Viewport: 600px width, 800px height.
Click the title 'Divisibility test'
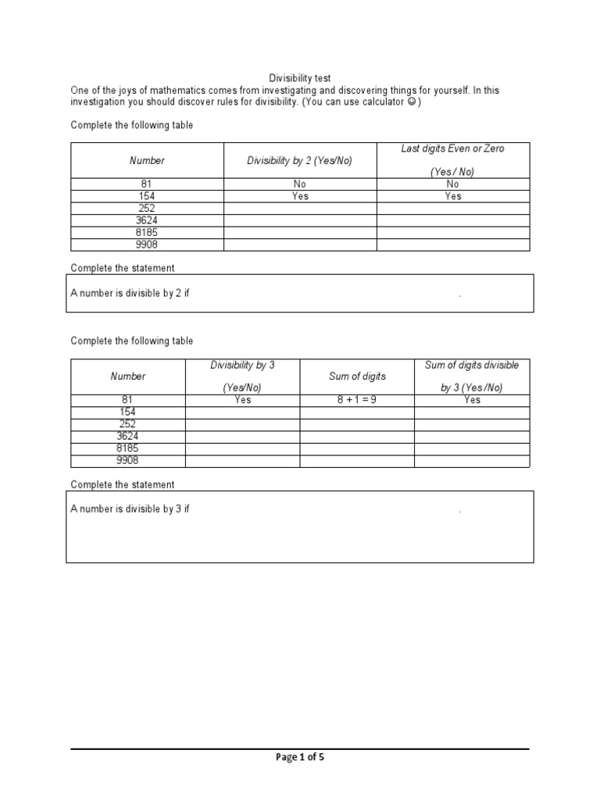coord(300,78)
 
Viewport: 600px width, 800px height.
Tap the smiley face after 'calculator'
coord(411,102)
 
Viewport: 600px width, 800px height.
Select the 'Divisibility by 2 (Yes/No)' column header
coord(300,160)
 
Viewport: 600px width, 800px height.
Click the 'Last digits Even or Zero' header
coord(453,148)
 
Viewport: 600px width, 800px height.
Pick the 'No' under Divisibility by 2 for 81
coord(300,184)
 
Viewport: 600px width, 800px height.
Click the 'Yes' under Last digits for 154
coord(453,196)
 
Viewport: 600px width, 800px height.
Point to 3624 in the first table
coord(147,220)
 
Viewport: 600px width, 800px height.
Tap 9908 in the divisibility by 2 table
coord(147,245)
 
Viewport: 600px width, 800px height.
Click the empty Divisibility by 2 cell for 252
coord(300,209)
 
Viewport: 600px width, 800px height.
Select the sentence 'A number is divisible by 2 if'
coord(130,294)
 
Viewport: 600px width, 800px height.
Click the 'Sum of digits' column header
coord(357,377)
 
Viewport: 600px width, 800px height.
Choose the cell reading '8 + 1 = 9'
coord(357,400)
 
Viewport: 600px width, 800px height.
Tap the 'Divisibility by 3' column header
coord(242,366)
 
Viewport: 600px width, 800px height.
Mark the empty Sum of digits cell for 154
coord(357,412)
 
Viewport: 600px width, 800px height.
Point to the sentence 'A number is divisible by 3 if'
coord(130,509)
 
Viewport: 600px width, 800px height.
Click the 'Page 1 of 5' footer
coord(300,757)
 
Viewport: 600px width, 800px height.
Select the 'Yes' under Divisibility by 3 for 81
coord(242,400)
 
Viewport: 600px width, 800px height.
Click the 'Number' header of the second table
coord(128,377)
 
